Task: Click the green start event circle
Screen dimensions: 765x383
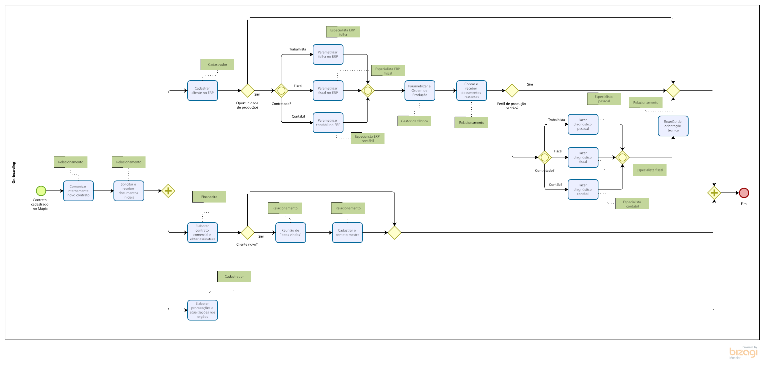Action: click(41, 191)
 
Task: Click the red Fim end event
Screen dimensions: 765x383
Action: click(744, 193)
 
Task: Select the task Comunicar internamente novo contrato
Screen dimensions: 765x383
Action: click(78, 191)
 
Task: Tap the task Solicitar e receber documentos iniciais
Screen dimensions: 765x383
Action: click(129, 191)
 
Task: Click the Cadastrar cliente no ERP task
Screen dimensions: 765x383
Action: click(203, 91)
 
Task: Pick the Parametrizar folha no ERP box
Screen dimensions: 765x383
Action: click(328, 54)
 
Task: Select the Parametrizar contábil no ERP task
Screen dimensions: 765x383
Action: click(328, 123)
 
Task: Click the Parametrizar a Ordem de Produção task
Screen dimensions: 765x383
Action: click(420, 91)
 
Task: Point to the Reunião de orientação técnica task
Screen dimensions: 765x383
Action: click(673, 126)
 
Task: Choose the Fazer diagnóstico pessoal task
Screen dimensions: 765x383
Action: click(583, 124)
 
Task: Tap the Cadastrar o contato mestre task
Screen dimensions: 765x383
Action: click(347, 233)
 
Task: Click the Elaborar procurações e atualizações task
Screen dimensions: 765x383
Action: click(203, 310)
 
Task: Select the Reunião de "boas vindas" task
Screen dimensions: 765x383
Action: click(291, 233)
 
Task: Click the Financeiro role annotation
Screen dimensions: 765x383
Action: click(209, 197)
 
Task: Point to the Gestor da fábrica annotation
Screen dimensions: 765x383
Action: click(414, 121)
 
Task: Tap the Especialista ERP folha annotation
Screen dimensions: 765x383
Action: click(343, 32)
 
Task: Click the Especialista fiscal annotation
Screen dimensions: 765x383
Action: click(650, 170)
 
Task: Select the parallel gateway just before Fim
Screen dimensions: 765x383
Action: click(714, 193)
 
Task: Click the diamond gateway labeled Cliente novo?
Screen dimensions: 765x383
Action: click(248, 233)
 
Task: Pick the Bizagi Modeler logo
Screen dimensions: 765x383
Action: click(743, 353)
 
